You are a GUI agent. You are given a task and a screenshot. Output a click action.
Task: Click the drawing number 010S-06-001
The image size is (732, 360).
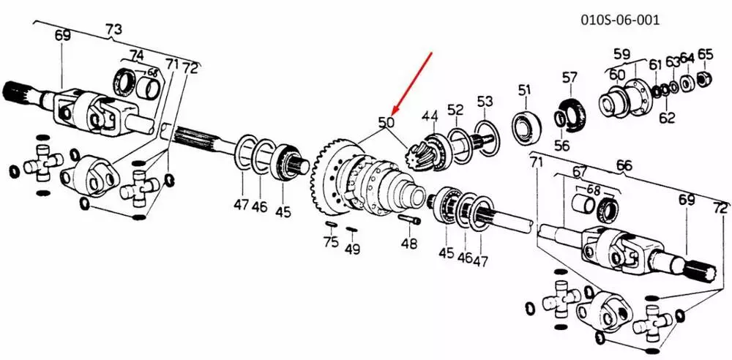pos(621,20)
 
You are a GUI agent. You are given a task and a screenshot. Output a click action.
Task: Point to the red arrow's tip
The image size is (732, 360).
pos(392,114)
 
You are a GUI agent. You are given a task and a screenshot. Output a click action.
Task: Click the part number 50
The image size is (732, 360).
pos(386,123)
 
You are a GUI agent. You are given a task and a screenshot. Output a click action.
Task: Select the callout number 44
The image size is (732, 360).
pos(430,116)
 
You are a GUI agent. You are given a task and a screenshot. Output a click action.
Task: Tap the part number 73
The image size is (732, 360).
pos(113,29)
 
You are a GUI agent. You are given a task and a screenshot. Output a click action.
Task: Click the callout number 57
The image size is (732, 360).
pos(569,77)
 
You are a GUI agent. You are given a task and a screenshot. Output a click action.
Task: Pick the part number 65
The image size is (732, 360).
pos(705,54)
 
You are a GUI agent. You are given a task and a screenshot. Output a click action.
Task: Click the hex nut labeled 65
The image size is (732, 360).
pos(703,79)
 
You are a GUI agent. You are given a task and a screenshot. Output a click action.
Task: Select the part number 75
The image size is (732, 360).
pos(331,242)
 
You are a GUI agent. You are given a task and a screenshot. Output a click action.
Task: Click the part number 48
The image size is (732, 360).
pos(409,243)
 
